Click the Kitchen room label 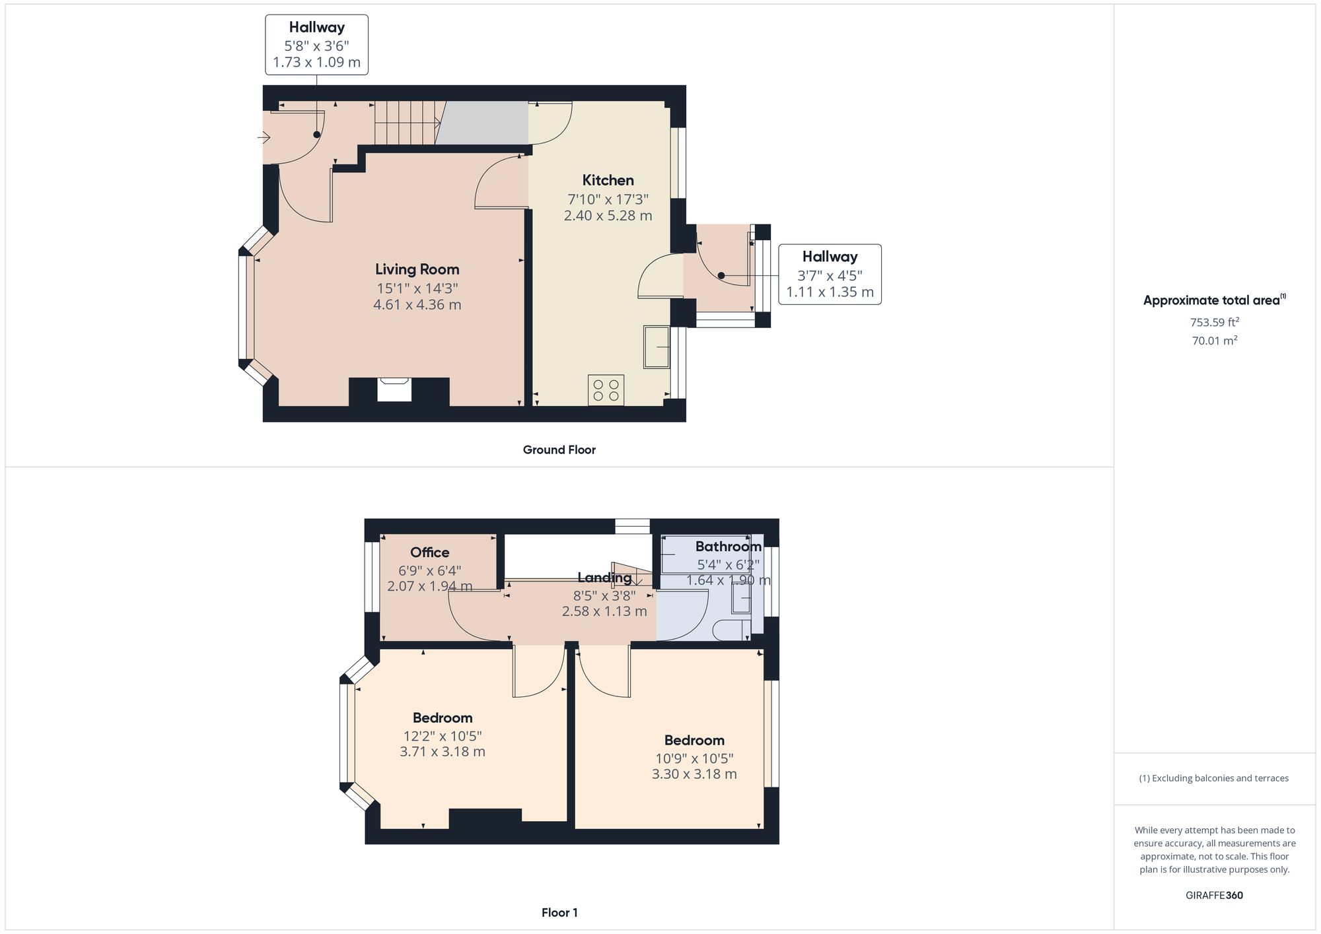point(608,180)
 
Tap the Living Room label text point(417,269)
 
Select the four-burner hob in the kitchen point(606,389)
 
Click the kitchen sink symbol point(656,347)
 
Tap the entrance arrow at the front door point(264,138)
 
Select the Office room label point(429,552)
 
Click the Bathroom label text point(728,547)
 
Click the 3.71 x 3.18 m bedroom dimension point(443,752)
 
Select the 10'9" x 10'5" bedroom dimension point(694,758)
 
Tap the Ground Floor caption point(559,450)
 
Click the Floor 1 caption point(559,913)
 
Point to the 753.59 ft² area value point(1214,323)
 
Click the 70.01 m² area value point(1214,341)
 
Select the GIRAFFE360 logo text point(1214,896)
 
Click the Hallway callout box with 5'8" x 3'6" point(316,45)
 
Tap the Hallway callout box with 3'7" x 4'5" point(830,274)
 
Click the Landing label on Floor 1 point(604,578)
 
